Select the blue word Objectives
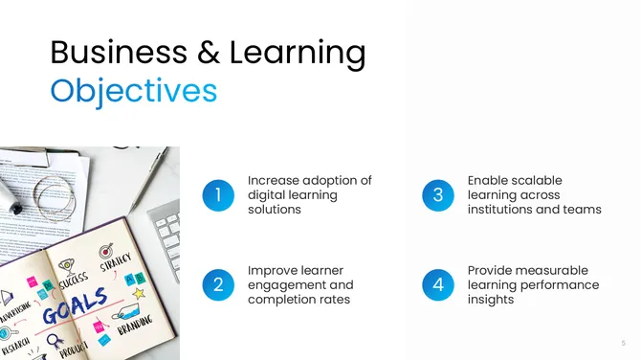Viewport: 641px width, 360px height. [x=133, y=91]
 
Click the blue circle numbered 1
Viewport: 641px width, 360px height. [x=218, y=194]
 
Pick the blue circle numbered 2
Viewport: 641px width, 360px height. [x=218, y=284]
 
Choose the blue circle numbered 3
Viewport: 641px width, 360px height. [x=438, y=194]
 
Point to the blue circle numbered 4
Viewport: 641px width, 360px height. [x=438, y=284]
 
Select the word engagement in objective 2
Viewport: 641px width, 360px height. [x=300, y=285]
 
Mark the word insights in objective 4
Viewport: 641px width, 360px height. [x=491, y=300]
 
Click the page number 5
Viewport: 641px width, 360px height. [x=624, y=343]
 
